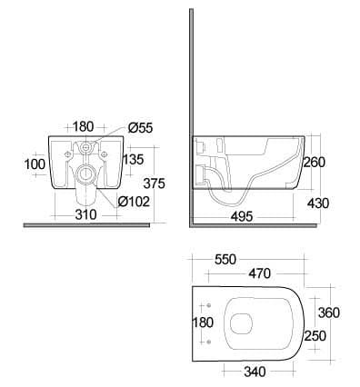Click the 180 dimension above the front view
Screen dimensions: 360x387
click(84, 126)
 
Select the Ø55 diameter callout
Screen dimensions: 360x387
click(140, 128)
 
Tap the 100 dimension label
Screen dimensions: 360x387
click(35, 164)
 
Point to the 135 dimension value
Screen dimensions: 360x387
click(133, 159)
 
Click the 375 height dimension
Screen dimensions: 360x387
click(154, 184)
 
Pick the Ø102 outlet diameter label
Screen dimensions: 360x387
click(134, 202)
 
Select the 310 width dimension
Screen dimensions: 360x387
click(85, 214)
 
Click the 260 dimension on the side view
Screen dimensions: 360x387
click(314, 163)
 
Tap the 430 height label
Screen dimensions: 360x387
click(318, 203)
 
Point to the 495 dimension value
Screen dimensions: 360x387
click(242, 216)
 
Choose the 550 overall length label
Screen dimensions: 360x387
click(225, 260)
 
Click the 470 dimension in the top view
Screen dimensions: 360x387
click(259, 273)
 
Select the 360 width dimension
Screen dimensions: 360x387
click(329, 313)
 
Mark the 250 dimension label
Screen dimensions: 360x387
click(315, 336)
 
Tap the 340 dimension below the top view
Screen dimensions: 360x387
click(255, 372)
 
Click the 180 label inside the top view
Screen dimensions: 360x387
click(203, 322)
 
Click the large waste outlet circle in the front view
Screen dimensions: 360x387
click(85, 174)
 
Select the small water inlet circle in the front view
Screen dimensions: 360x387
click(86, 148)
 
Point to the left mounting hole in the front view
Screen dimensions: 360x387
click(68, 154)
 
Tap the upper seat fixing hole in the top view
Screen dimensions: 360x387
click(208, 305)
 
